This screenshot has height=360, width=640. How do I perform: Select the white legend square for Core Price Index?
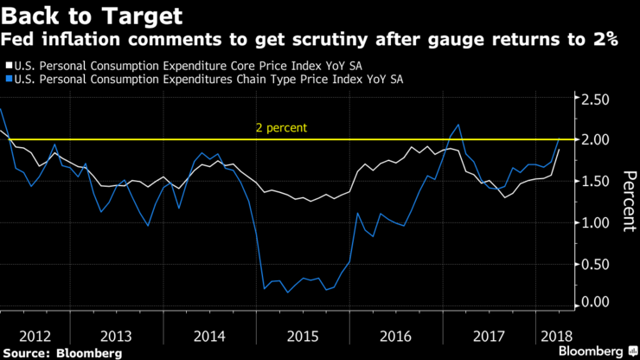click(x=8, y=65)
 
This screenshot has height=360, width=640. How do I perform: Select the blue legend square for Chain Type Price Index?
click(x=8, y=80)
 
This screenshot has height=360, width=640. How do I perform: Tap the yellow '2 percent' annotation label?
click(x=281, y=128)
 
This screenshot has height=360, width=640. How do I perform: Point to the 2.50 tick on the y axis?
click(x=594, y=100)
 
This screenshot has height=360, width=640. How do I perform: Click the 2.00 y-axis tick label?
click(x=594, y=140)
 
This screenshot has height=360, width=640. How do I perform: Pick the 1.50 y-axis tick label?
click(x=594, y=180)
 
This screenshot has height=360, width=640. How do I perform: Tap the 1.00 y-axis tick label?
click(x=594, y=222)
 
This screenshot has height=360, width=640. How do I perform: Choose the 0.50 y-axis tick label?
click(x=594, y=262)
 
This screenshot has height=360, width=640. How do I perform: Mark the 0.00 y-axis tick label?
click(x=594, y=302)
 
